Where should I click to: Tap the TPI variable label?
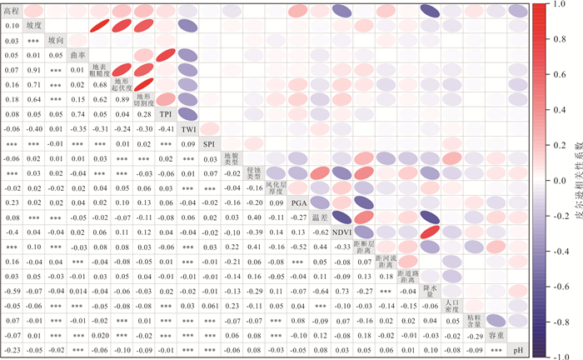[x=166, y=113]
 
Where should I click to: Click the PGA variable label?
[x=297, y=202]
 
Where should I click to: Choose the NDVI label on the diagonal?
[x=341, y=231]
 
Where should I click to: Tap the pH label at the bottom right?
[x=517, y=349]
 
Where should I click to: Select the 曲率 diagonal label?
[x=77, y=55]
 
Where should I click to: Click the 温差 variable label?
[x=319, y=217]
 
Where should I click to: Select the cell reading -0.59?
[x=11, y=290]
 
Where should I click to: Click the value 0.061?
[x=209, y=305]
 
